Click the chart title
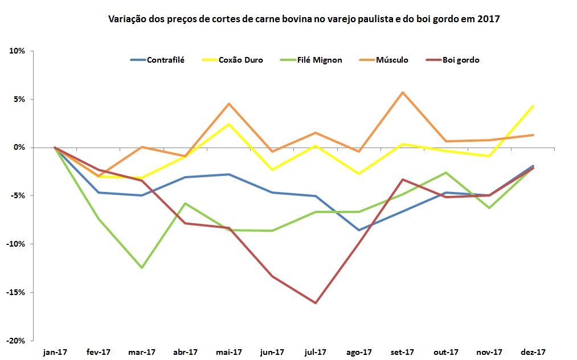pos(304,19)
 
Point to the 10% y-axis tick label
pos(17,51)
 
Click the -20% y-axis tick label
pos(16,341)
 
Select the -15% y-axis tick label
pos(16,292)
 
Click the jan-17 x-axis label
pos(55,352)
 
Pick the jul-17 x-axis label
pos(316,352)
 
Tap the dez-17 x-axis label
pos(533,352)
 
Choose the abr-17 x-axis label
pos(185,352)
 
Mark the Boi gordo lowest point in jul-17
pos(316,303)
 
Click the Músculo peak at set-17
pos(403,92)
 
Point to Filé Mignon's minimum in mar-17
pos(142,268)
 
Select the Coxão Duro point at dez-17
pos(533,106)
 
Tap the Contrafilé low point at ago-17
pos(359,230)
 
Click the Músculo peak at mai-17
pos(229,104)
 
